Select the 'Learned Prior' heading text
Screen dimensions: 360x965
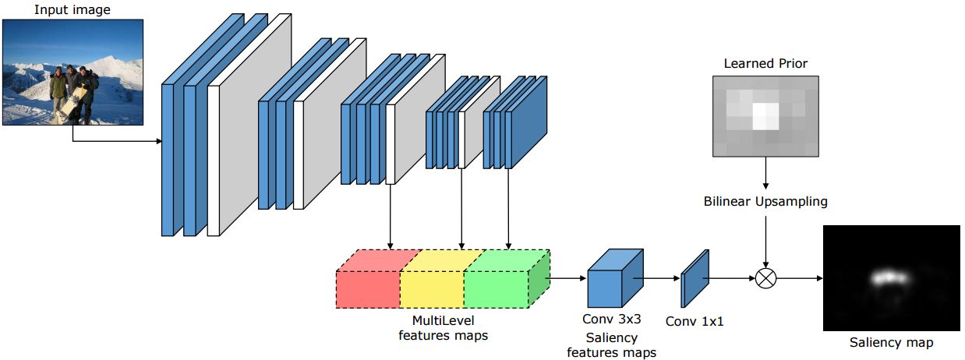(x=765, y=63)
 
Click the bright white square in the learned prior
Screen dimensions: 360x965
(x=765, y=115)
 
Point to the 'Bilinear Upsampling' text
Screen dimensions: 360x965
(x=765, y=202)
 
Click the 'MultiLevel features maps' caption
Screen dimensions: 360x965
(x=443, y=327)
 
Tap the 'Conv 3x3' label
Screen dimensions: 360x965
(x=612, y=319)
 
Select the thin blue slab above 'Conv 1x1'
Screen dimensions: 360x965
(x=695, y=278)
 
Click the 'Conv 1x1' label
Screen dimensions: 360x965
(x=695, y=320)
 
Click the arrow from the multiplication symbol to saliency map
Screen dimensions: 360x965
(x=799, y=277)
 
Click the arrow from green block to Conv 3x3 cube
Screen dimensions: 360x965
(x=568, y=277)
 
